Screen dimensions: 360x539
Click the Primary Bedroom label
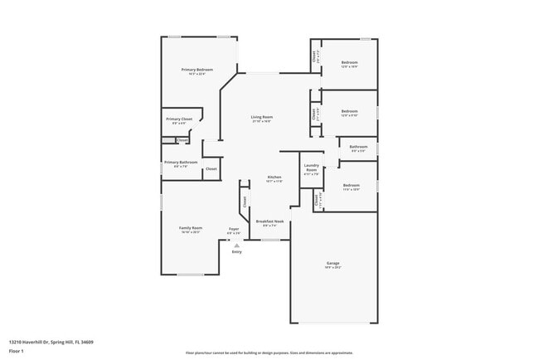tap(197, 69)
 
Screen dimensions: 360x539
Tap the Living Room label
tap(262, 117)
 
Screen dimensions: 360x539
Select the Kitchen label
tap(274, 177)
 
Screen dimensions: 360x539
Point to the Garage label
tap(333, 263)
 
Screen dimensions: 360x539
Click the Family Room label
tap(191, 227)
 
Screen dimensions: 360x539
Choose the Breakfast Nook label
tap(269, 221)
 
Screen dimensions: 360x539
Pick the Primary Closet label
tap(179, 119)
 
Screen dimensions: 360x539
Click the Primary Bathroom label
tap(181, 162)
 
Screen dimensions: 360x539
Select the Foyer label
tap(234, 228)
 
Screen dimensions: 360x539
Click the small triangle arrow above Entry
tap(237, 246)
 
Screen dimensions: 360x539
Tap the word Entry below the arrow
tap(237, 251)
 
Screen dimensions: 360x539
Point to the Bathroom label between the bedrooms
tap(358, 147)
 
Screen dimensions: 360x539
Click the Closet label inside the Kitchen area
tap(245, 201)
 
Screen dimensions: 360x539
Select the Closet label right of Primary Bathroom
tap(211, 168)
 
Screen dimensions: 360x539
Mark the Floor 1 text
tap(17, 350)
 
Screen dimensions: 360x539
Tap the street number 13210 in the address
tap(15, 341)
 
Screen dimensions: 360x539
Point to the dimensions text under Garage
tap(333, 268)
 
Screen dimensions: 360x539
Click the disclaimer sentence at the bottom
tap(269, 353)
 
